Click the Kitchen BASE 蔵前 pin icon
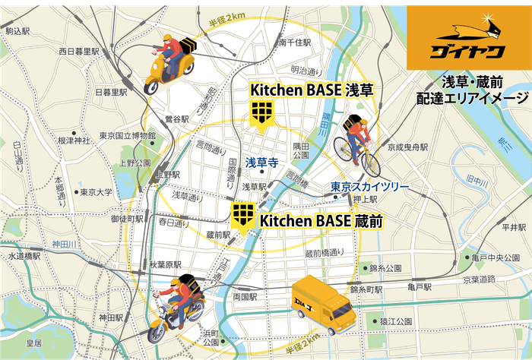(x=243, y=216)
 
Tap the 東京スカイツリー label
(x=369, y=187)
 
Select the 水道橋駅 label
(x=24, y=257)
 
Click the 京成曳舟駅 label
(x=408, y=147)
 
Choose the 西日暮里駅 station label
(x=79, y=52)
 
